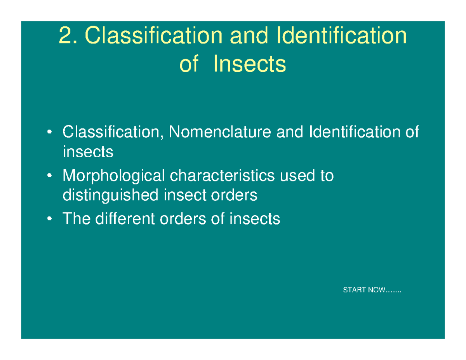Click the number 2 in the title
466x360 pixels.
point(64,37)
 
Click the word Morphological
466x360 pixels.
point(113,177)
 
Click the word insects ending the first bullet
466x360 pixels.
point(88,152)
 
